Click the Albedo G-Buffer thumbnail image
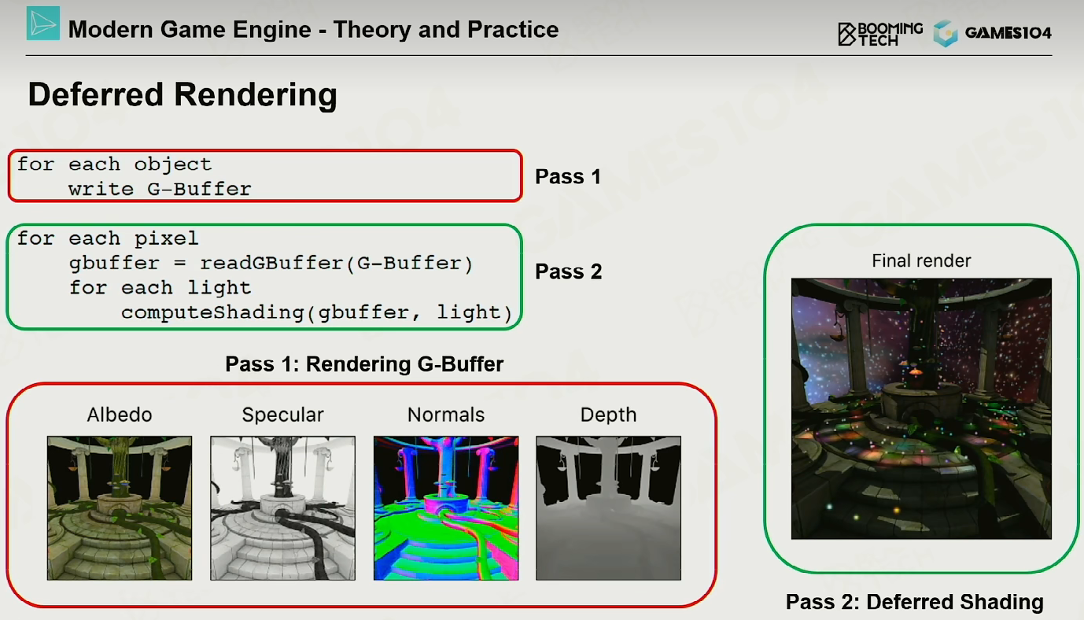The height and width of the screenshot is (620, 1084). (120, 507)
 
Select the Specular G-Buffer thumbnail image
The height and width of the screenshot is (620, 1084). (282, 507)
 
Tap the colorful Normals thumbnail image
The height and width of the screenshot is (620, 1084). (446, 507)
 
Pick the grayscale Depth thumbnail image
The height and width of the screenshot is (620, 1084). (608, 507)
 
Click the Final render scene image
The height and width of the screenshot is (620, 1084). (921, 408)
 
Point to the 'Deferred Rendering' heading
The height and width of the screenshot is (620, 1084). (183, 94)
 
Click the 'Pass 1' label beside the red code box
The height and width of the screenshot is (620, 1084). (568, 176)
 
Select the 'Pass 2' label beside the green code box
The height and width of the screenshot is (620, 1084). (568, 271)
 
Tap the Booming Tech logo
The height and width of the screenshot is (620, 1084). (880, 33)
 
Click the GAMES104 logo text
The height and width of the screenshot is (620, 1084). (1008, 33)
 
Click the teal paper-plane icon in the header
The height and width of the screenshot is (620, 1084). (43, 24)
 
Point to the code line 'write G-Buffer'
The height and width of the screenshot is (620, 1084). (160, 189)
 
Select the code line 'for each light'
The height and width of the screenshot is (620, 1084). (160, 287)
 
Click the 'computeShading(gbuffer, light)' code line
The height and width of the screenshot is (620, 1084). (316, 312)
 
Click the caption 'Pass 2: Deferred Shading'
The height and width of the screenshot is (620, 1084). (915, 602)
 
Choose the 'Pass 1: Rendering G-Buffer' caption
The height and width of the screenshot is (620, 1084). (364, 364)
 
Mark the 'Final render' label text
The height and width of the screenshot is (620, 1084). (921, 261)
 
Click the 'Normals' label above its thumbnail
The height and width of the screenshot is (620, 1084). (446, 415)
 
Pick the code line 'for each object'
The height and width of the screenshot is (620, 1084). (114, 164)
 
